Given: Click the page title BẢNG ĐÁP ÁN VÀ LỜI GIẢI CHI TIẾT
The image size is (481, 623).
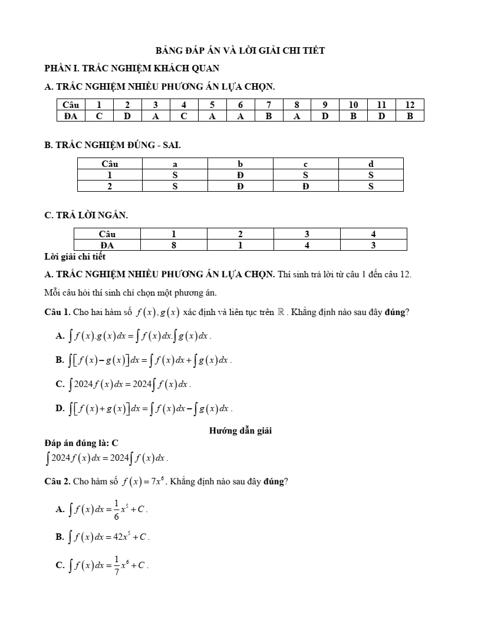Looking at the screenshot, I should pos(240,51).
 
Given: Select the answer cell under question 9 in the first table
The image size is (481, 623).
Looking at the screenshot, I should pos(325,116).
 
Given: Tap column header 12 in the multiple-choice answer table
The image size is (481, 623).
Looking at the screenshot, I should pos(410,105).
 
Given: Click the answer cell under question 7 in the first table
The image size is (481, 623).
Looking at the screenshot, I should pos(268,116).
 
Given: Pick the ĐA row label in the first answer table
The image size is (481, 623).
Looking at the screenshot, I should pos(71,116).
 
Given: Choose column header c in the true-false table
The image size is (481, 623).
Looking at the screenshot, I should pos(305,164).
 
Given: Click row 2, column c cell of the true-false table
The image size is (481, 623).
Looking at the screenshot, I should pos(305,186).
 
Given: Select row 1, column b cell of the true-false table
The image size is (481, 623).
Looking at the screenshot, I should pos(240,175).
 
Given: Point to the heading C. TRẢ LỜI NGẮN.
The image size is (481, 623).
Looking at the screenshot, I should pos(86,215).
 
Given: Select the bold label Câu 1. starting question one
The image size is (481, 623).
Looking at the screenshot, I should pos(58,312).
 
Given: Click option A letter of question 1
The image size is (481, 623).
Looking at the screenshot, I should pos(60,336).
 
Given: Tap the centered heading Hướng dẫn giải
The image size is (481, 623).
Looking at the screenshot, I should pos(240,431).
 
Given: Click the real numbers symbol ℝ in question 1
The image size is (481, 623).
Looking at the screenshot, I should pos(280,312).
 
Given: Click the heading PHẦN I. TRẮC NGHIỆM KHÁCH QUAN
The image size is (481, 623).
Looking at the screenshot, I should pos(132,68).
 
